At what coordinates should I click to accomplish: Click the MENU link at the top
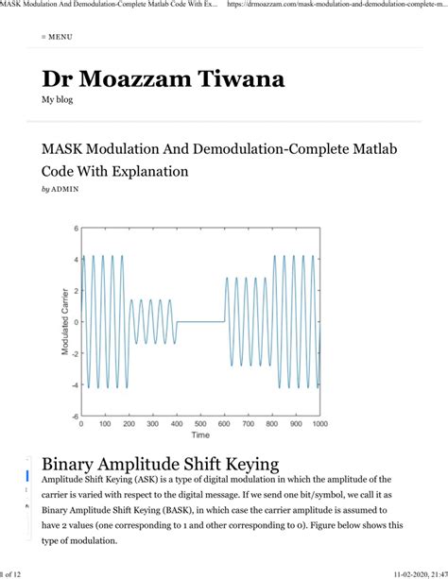pos(58,37)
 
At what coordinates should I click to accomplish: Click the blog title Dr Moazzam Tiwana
pos(163,79)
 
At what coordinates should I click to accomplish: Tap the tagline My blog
pos(58,99)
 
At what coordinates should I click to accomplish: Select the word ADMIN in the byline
pos(66,190)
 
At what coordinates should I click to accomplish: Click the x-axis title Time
pos(200,435)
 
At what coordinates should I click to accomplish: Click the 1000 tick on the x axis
pos(319,424)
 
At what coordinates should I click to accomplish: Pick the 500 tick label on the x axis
pos(200,424)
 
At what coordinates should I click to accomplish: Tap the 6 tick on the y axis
pos(75,230)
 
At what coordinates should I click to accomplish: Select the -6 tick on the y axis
pos(73,416)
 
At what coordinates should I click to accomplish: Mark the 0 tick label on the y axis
pos(75,322)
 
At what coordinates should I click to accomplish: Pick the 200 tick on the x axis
pos(129,424)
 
